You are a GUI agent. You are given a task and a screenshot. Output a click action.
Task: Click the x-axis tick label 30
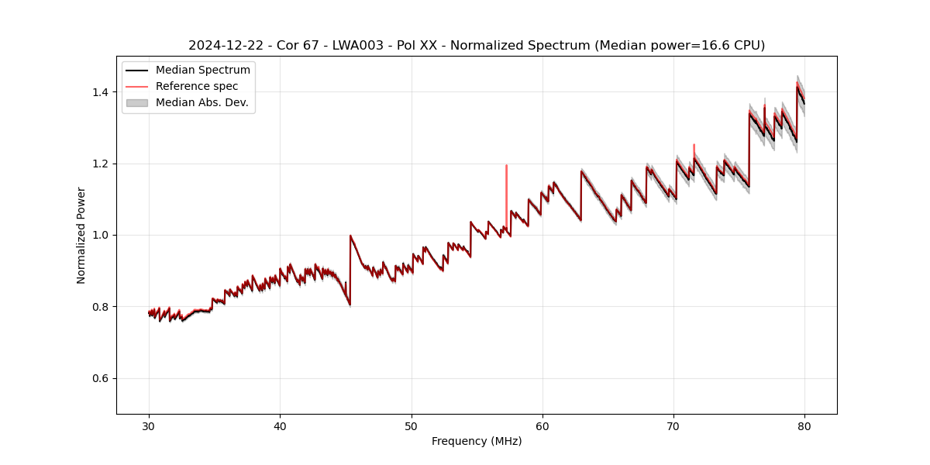(x=149, y=425)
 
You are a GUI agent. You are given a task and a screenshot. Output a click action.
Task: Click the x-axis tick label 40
(x=280, y=425)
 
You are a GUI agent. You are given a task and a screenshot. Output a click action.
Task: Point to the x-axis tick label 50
(x=412, y=425)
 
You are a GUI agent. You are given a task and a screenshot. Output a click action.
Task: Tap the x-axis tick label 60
(x=542, y=425)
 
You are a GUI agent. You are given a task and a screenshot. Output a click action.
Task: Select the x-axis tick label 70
(x=673, y=425)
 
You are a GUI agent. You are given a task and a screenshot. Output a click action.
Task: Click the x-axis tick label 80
(x=804, y=425)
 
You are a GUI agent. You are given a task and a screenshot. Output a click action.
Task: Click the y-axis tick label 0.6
(x=99, y=378)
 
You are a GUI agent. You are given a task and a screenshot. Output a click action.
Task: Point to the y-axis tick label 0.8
(x=99, y=307)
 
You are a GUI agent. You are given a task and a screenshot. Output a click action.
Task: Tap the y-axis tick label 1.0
(x=99, y=235)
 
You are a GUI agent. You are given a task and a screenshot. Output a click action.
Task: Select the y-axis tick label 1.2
(x=99, y=164)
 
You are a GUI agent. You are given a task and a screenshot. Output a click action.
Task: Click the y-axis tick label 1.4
(x=99, y=92)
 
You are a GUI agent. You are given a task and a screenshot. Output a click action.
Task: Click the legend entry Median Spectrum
(x=202, y=71)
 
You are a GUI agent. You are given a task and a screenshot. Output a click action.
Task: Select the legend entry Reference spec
(x=197, y=86)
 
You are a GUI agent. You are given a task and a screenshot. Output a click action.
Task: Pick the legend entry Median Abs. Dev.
(x=201, y=102)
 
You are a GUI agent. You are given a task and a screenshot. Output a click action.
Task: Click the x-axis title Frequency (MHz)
(x=477, y=441)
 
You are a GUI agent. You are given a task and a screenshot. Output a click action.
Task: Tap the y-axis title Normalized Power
(x=81, y=235)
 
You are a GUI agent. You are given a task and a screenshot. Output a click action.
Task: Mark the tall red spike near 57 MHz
(x=506, y=186)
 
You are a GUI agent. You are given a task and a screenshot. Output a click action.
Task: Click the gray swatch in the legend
(x=136, y=102)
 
